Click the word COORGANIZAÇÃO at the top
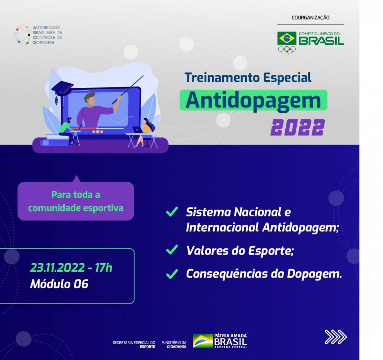click(x=310, y=18)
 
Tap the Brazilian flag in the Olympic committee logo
click(x=287, y=39)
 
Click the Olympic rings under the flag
click(x=287, y=50)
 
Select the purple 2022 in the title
click(x=297, y=127)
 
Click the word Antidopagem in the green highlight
click(x=253, y=100)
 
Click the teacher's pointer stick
click(x=128, y=90)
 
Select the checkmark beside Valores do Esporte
click(x=172, y=250)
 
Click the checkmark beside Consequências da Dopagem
click(x=172, y=274)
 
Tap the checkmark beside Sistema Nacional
click(x=172, y=212)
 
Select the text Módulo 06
click(x=59, y=284)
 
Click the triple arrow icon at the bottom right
click(x=336, y=337)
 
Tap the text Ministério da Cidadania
click(x=174, y=345)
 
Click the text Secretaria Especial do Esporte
click(x=134, y=345)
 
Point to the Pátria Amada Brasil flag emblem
click(x=203, y=341)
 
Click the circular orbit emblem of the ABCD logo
click(x=22, y=35)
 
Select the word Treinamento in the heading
click(x=219, y=77)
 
